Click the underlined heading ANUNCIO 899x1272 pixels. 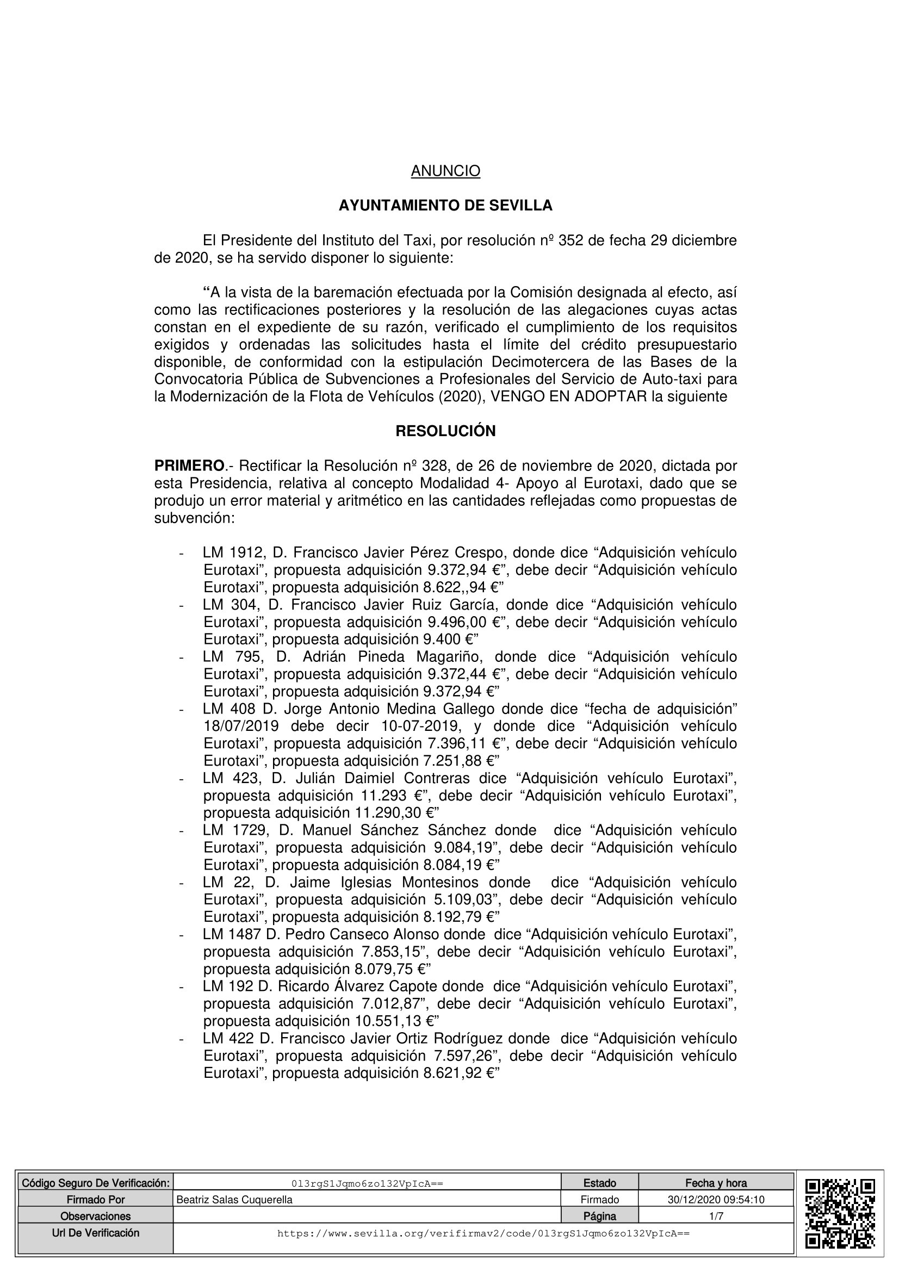[445, 171]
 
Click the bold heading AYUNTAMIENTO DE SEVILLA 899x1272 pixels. [445, 206]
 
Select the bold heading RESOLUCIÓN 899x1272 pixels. [445, 431]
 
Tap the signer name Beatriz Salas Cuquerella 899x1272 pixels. [234, 1200]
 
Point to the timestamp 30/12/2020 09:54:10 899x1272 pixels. [716, 1200]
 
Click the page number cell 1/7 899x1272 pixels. [716, 1217]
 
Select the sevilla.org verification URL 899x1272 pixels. [483, 1234]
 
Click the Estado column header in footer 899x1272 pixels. [599, 1183]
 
